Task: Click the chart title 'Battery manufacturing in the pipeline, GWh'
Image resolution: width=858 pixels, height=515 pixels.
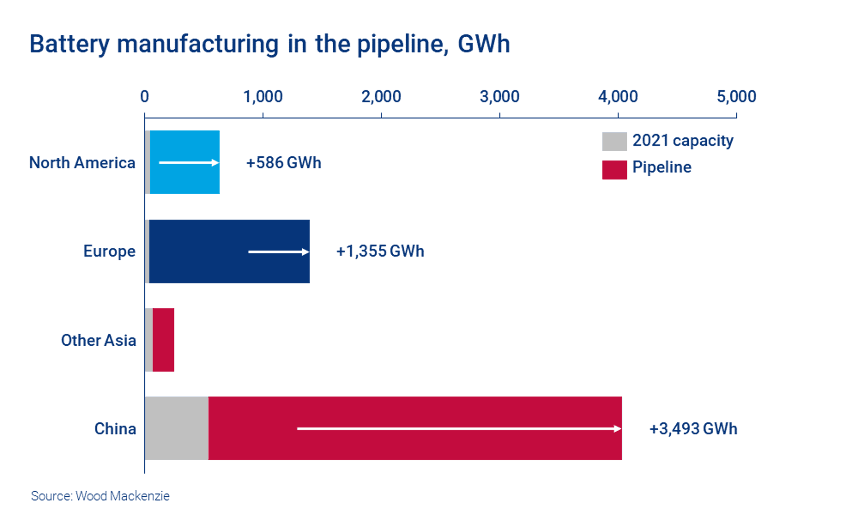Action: point(270,44)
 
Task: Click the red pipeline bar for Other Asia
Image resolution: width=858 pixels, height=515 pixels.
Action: point(163,340)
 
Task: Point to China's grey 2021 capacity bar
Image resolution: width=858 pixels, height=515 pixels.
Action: point(177,428)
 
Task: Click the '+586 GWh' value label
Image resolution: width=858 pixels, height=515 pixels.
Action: point(284,163)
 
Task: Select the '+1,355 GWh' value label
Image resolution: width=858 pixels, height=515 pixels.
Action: point(380,251)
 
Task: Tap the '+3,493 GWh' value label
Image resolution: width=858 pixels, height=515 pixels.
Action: point(693,429)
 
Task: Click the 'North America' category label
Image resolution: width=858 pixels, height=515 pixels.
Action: point(82,163)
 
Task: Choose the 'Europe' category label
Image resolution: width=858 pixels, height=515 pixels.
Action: point(109,251)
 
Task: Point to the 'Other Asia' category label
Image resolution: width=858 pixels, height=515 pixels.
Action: point(99,340)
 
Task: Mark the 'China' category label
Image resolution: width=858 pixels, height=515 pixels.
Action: point(115,429)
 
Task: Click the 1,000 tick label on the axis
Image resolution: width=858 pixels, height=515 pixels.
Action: point(263,97)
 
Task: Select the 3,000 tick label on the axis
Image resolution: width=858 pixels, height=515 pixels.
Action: point(500,97)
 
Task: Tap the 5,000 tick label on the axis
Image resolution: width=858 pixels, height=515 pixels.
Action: point(736,97)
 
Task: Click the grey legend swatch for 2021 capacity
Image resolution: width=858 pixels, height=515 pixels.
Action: point(614,142)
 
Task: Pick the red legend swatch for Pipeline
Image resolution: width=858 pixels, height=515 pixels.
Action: point(614,170)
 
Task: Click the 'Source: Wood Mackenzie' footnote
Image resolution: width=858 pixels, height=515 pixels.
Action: point(100,496)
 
